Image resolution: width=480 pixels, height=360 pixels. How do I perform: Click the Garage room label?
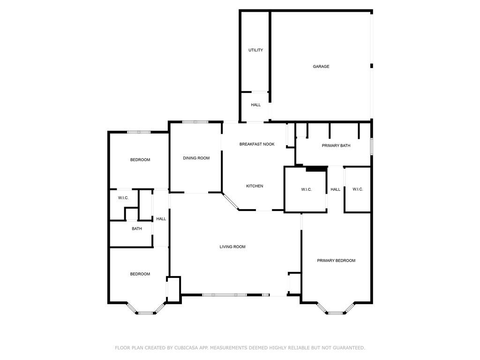tap(321, 67)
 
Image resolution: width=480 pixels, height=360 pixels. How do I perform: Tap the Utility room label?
tap(255, 50)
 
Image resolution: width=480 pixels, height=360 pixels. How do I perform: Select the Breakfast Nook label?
tap(257, 144)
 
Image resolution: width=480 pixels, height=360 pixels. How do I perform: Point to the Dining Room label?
tap(196, 158)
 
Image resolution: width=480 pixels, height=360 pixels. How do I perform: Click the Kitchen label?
tap(255, 186)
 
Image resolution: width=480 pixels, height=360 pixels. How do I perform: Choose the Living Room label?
tap(232, 247)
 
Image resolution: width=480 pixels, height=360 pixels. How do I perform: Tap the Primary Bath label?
tap(336, 146)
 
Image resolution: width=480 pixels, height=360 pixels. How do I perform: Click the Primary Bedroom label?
tap(336, 261)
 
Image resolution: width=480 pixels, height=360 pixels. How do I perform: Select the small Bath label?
tap(137, 229)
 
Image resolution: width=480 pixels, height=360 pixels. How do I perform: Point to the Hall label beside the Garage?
tap(255, 105)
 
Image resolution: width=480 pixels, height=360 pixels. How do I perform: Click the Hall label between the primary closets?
tap(335, 189)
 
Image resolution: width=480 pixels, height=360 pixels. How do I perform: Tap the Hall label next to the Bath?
tap(161, 219)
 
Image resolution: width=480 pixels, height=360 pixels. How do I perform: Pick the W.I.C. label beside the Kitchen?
tap(307, 189)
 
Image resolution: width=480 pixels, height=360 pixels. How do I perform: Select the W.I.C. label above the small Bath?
tap(123, 198)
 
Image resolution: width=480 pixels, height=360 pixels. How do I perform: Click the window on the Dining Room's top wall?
tap(195, 122)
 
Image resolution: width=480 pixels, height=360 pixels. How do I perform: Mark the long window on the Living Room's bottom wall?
tap(225, 295)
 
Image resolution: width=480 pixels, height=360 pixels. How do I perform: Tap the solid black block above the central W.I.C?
tap(316, 169)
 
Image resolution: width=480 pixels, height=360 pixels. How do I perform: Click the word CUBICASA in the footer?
tap(186, 348)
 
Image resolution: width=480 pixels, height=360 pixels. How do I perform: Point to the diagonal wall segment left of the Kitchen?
tap(231, 202)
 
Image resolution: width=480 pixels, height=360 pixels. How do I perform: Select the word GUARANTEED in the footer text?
tap(349, 348)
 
